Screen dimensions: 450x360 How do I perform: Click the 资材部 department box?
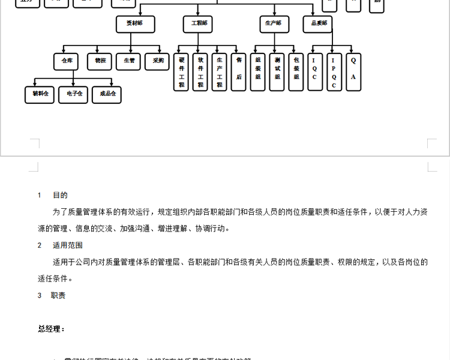point(135,23)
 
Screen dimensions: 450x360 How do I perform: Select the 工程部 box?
point(199,23)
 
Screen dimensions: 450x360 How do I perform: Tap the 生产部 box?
point(274,23)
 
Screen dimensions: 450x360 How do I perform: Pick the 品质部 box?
point(317,23)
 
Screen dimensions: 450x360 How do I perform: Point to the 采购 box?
point(158,61)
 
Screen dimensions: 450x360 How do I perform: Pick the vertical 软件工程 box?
point(200,73)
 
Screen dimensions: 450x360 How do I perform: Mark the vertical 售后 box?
point(239,73)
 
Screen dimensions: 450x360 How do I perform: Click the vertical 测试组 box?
point(277,73)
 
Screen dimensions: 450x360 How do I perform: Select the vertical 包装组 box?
point(296,73)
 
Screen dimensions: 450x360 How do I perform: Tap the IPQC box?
point(334,72)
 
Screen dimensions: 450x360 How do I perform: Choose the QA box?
point(353,72)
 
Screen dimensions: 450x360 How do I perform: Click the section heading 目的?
point(60,195)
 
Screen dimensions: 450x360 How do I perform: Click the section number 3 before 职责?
point(40,296)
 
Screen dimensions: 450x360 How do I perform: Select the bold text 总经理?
point(51,329)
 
